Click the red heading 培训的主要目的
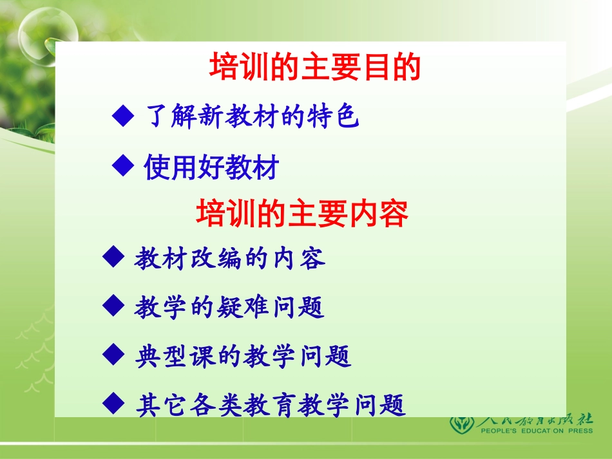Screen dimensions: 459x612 tap(315, 67)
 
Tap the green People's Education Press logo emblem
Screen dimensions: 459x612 tap(462, 424)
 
